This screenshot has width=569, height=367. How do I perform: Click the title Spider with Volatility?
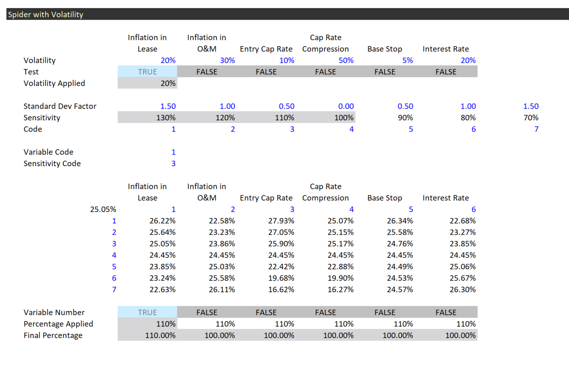click(46, 14)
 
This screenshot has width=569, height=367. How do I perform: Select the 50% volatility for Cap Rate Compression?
click(346, 60)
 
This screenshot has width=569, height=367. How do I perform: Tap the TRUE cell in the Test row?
click(147, 72)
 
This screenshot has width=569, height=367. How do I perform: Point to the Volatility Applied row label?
click(54, 83)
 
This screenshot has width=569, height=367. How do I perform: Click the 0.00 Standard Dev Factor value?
click(346, 106)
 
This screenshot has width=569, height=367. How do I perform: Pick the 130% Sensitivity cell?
click(166, 118)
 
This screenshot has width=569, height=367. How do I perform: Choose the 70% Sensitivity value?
click(530, 118)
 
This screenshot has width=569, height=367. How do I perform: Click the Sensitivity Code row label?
click(52, 164)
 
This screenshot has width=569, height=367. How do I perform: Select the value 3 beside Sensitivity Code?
click(173, 164)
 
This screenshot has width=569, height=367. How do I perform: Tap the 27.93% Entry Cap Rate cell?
click(281, 221)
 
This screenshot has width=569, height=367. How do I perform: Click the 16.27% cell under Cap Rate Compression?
click(340, 290)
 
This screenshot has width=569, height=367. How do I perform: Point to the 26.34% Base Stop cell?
click(400, 221)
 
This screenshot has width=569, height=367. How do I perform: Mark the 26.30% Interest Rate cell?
click(462, 290)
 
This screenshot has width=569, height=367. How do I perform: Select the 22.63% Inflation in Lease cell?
click(162, 290)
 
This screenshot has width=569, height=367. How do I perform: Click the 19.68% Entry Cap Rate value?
click(281, 278)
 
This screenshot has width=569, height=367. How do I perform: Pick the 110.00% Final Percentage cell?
click(160, 336)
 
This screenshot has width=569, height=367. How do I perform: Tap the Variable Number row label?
click(54, 313)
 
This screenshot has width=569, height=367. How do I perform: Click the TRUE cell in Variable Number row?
click(147, 313)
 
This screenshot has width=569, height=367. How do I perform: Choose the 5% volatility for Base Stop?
click(407, 60)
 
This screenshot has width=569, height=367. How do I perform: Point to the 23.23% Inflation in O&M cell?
click(222, 232)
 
